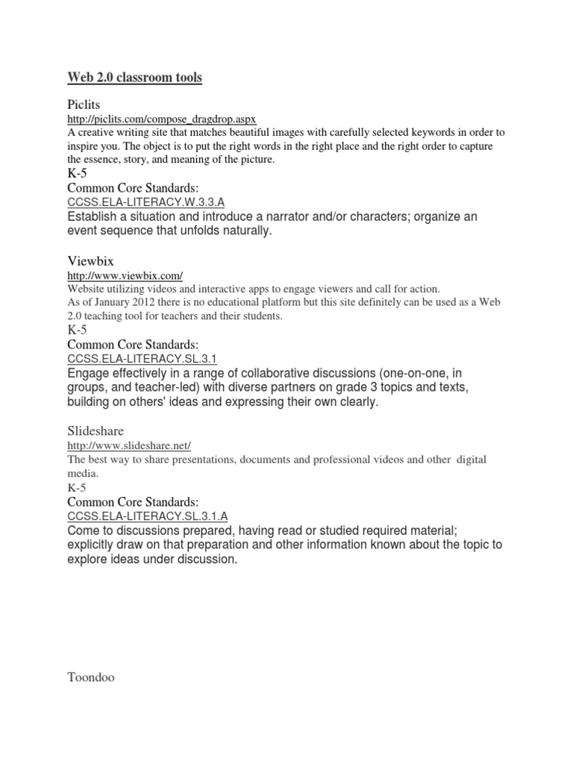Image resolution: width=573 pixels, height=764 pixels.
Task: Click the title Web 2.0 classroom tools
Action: click(x=134, y=78)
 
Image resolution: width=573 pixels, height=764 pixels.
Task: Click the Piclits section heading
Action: click(x=84, y=104)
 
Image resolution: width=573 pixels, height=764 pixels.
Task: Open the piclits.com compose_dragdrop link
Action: click(x=162, y=119)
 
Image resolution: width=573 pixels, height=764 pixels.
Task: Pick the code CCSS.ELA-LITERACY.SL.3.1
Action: click(x=142, y=358)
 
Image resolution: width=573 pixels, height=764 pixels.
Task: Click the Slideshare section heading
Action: click(x=95, y=431)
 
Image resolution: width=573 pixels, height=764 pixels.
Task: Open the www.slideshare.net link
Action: click(x=129, y=445)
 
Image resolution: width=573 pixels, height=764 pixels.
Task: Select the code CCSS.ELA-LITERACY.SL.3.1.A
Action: click(x=148, y=515)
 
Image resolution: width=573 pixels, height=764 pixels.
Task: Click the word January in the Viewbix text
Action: click(x=102, y=303)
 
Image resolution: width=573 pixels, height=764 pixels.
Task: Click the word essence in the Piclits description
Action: click(x=104, y=160)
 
